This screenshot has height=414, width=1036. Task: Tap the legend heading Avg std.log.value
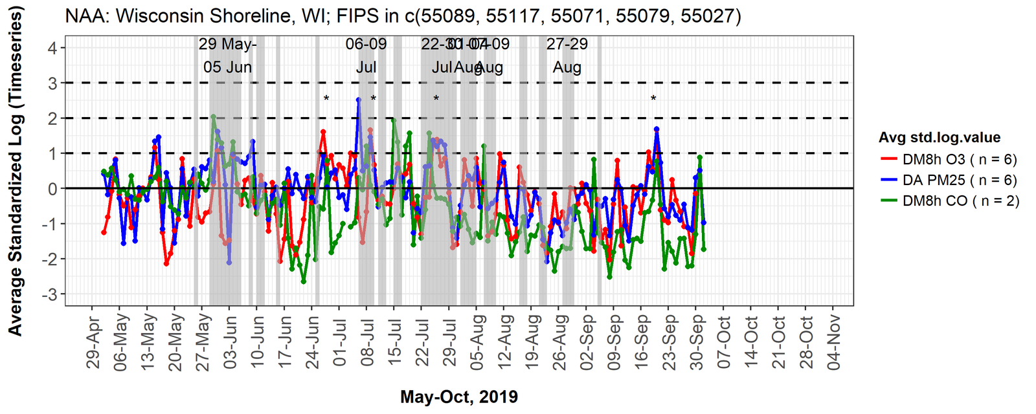tap(940, 138)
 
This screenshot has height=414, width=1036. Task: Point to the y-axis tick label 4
tap(52, 48)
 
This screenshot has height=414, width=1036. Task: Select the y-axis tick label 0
tap(52, 189)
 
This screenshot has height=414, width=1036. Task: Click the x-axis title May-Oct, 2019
tap(458, 397)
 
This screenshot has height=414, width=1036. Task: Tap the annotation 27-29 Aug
tap(567, 56)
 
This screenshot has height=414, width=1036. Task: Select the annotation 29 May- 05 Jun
tap(227, 56)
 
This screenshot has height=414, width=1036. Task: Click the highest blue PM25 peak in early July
tap(358, 100)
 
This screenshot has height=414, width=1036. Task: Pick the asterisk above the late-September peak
tap(653, 99)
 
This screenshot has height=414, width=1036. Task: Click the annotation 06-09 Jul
tap(366, 56)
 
